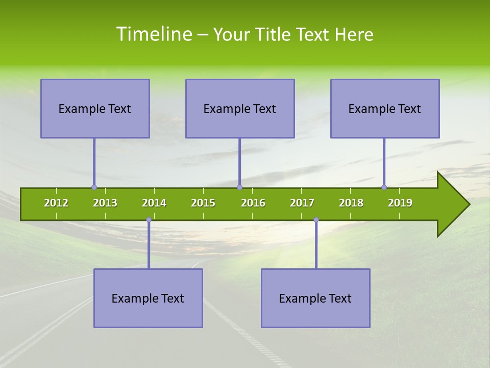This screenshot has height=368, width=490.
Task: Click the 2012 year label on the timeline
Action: click(56, 203)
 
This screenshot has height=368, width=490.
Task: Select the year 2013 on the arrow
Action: click(105, 203)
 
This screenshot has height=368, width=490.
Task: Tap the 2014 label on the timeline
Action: click(154, 203)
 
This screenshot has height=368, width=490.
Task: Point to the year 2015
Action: click(203, 203)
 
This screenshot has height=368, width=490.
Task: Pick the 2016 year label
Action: click(253, 203)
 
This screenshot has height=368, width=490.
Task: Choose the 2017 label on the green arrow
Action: click(302, 203)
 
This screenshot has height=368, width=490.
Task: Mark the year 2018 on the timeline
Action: click(351, 203)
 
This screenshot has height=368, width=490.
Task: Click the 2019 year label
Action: click(400, 203)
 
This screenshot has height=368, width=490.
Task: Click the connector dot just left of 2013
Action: click(94, 188)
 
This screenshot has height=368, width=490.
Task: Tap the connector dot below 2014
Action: click(149, 220)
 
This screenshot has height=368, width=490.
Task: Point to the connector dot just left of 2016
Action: click(239, 188)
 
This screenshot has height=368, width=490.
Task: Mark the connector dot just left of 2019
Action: click(384, 188)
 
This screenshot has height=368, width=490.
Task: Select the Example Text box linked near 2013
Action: click(95, 108)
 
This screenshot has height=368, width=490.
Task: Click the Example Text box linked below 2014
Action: click(148, 298)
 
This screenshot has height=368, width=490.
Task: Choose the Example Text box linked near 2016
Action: click(240, 108)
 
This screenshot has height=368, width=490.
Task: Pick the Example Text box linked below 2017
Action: click(315, 298)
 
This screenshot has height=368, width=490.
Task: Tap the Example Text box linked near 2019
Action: click(385, 108)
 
